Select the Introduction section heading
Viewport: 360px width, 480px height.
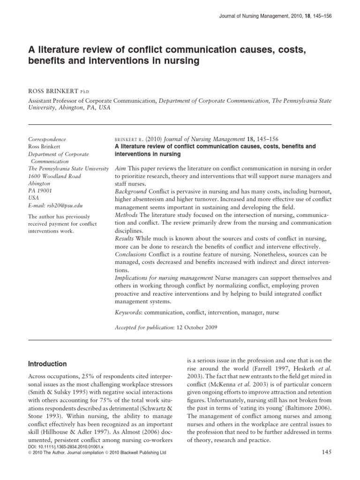(48, 364)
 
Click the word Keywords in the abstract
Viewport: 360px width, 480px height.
(128, 312)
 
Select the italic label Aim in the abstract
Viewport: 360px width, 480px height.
(120, 168)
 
